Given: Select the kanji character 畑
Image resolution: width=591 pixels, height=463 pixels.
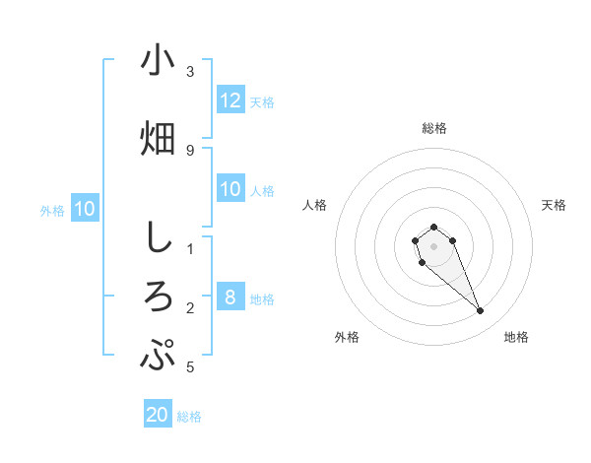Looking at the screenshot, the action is click(158, 138).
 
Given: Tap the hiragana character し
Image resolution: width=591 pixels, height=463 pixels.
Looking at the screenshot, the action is click(158, 237).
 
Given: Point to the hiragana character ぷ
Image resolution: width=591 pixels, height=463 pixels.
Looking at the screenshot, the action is click(158, 355).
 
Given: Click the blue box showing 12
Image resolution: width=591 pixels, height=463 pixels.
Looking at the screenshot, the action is click(230, 100).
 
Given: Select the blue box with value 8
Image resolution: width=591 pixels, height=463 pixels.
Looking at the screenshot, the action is click(230, 298).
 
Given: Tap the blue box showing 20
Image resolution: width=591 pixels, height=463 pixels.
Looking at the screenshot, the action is click(158, 415).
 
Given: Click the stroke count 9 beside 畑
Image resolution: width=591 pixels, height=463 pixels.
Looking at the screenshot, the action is click(190, 150).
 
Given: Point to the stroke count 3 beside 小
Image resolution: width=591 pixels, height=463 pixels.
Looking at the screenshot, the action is click(190, 72).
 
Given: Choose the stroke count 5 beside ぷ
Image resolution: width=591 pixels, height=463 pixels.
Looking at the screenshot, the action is click(190, 367).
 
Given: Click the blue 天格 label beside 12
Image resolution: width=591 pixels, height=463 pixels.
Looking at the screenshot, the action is click(262, 101).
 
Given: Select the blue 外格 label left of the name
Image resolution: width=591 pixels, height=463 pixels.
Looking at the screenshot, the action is click(52, 210).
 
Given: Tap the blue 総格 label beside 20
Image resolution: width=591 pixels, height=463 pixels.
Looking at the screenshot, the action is click(189, 416).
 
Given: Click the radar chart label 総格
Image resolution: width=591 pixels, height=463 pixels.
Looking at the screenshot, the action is click(433, 128).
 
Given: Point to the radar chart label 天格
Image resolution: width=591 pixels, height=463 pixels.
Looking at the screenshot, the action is click(554, 205).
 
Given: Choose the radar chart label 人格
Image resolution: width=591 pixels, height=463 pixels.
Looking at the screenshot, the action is click(314, 205).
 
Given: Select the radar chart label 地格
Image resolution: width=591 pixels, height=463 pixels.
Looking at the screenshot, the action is click(516, 337).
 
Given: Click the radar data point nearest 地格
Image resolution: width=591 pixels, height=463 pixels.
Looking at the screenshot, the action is click(481, 311).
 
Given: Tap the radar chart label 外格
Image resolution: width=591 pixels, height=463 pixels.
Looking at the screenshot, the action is click(347, 337).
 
